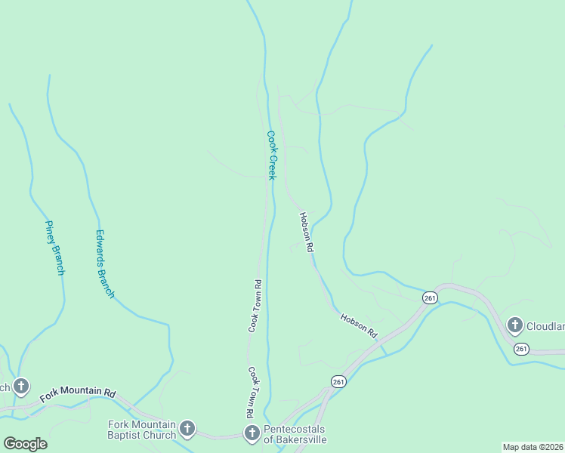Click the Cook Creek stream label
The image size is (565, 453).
point(271,156)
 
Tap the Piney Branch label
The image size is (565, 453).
point(54,248)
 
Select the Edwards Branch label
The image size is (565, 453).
point(105,263)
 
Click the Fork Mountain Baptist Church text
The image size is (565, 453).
point(142,430)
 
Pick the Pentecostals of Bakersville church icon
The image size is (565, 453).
point(252,433)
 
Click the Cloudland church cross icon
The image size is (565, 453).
point(515,326)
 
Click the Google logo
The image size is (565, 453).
point(25,444)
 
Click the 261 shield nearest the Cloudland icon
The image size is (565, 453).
point(521,348)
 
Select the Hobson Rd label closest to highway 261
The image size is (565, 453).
point(358,325)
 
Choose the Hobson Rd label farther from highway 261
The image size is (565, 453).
point(306,231)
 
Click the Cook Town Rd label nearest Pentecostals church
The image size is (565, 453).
point(249,393)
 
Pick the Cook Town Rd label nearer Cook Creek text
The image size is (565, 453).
point(255,306)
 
